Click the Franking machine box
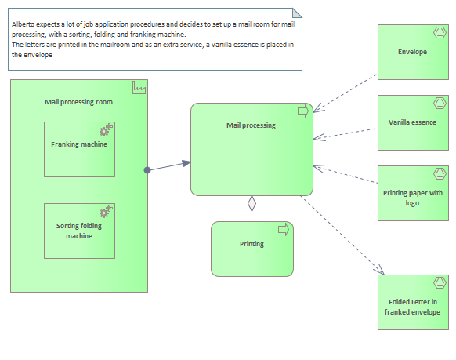[x=79, y=149]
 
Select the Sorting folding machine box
[x=79, y=231]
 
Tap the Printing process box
[x=252, y=249]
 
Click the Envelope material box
[x=413, y=52]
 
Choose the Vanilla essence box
[x=413, y=122]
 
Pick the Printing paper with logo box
[x=413, y=193]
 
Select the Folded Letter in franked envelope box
[x=413, y=302]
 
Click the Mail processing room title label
[x=78, y=102]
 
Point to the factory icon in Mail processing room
[x=139, y=88]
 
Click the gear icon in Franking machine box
[x=106, y=129]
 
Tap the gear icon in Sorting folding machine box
[x=106, y=211]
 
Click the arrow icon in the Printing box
[x=284, y=229]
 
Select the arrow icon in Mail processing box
[x=303, y=111]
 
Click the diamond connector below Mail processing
[x=252, y=203]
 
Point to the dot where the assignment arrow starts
[x=147, y=170]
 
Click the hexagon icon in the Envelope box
[x=440, y=33]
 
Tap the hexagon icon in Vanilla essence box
[x=440, y=103]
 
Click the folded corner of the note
[x=297, y=13]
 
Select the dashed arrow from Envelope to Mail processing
[x=346, y=93]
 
